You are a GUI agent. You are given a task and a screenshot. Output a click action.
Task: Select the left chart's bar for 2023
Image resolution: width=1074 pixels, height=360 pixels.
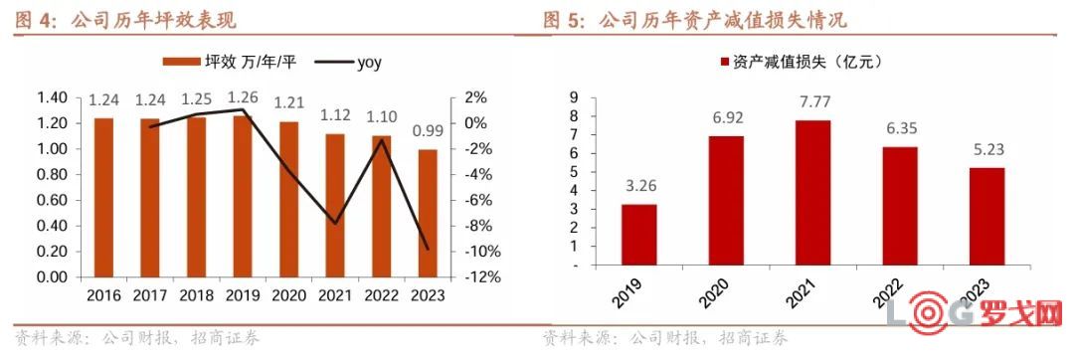[428, 213]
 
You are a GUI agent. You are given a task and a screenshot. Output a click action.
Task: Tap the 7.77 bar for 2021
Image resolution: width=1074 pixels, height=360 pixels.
[812, 193]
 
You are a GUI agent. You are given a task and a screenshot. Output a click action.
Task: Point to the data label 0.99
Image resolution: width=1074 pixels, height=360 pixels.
[428, 131]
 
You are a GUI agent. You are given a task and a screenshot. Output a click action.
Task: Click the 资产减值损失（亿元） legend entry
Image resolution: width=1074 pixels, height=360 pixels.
[801, 63]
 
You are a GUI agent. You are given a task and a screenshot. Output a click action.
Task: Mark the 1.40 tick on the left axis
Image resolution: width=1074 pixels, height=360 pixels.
[52, 97]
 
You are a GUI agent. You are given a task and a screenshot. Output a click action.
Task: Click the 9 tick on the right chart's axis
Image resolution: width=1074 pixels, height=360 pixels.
[574, 97]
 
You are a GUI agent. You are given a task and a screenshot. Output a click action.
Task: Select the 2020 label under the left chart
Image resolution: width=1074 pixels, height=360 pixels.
[288, 295]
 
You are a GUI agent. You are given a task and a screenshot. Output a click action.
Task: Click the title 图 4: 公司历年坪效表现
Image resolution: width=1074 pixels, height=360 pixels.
[126, 20]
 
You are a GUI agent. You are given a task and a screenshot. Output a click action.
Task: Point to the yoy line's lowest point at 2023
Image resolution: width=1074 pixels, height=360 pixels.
[428, 249]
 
